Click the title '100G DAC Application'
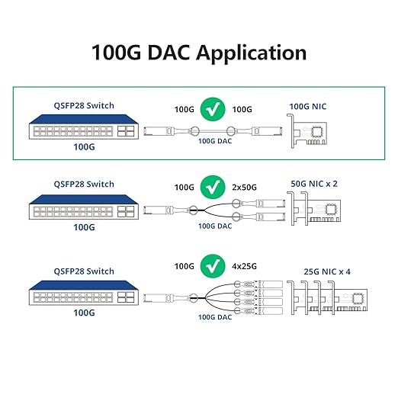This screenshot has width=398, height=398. pos(199,53)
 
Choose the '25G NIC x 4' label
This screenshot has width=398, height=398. pos(319,271)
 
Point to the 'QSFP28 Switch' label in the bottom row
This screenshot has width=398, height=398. pos(84,271)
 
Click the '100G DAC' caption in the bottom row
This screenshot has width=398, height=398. pos(214,316)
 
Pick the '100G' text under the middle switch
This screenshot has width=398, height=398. pos(84,226)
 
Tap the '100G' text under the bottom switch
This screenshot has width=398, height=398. pos(84,313)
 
